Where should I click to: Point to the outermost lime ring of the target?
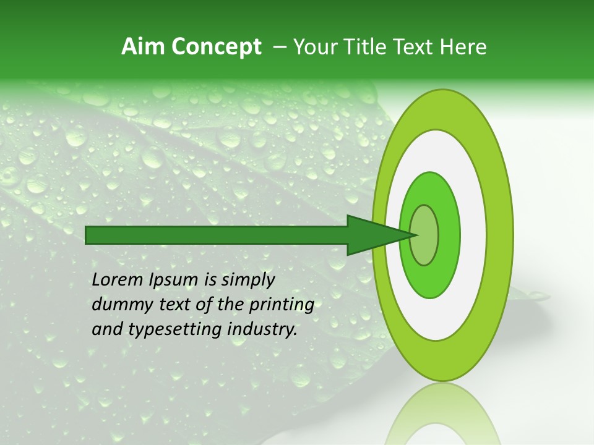point(500,235)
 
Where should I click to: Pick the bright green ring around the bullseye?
point(449,235)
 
